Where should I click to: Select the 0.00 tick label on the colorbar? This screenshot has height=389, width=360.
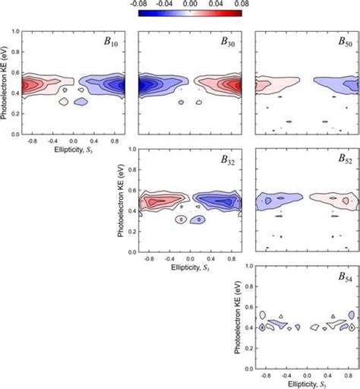pos(191,5)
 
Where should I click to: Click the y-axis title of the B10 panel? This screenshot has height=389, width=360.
pos(5,84)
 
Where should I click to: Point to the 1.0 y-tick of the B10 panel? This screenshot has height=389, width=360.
pos(15,33)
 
